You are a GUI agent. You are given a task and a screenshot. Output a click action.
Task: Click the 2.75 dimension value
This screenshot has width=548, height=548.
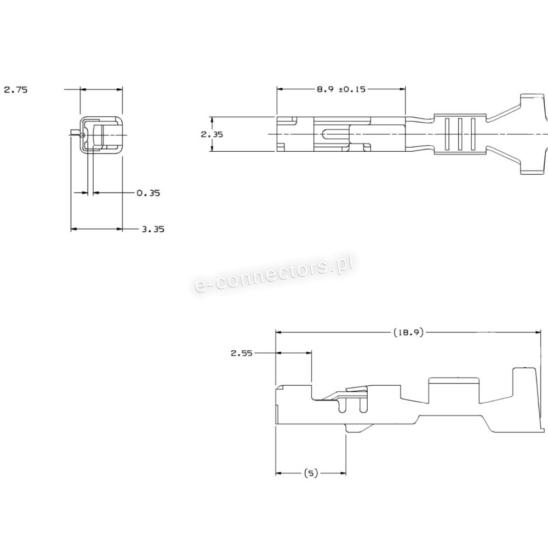point(15,90)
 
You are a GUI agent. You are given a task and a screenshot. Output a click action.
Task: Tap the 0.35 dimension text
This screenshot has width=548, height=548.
point(148,193)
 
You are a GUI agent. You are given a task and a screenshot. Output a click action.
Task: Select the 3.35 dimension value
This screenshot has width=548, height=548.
point(153,230)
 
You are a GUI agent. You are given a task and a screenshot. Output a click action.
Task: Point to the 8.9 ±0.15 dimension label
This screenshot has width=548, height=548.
point(341,89)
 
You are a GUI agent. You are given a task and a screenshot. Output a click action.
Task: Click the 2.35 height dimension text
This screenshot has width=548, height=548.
point(212,134)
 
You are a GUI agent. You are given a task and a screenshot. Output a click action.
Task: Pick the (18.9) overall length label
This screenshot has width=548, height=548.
point(408,332)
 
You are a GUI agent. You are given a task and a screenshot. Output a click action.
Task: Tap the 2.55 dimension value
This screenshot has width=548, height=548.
point(241,353)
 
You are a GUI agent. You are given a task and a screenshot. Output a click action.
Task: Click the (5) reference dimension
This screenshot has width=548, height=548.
point(310,473)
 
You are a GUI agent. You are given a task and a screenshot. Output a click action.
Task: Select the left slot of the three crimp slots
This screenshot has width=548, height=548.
point(447,134)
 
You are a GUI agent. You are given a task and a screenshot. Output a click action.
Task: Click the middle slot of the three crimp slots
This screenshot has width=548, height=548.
point(460,134)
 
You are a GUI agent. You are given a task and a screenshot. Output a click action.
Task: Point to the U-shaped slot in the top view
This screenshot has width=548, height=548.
point(333,134)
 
